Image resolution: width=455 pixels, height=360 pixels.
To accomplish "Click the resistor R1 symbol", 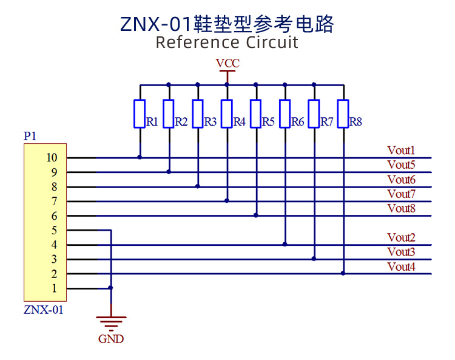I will click(x=140, y=114).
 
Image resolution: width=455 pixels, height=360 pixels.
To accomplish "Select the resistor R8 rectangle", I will click(x=343, y=114).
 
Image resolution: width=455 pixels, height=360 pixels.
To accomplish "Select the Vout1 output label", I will click(x=401, y=150).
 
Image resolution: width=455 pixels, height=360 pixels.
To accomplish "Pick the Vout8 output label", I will click(x=401, y=208).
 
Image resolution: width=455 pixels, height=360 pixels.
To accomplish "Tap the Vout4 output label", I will click(x=401, y=266).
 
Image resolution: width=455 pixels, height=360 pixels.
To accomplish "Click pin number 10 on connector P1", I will click(x=51, y=158).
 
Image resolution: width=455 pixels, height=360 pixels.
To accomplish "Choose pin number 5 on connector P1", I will click(x=54, y=231).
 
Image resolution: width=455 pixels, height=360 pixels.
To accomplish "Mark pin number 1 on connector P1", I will click(x=54, y=288).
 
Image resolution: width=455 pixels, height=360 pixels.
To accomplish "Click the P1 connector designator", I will click(x=30, y=137).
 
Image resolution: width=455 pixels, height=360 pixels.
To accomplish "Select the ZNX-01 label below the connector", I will click(x=43, y=310).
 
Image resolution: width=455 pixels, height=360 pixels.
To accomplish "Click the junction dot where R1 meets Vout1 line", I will click(x=140, y=157).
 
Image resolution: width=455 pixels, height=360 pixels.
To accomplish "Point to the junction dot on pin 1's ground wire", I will click(x=110, y=288).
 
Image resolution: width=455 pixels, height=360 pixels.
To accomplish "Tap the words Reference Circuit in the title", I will click(x=227, y=42).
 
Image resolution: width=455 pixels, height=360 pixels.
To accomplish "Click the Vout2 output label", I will click(x=401, y=237).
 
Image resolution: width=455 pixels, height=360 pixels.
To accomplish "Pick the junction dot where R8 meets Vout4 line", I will click(x=343, y=273).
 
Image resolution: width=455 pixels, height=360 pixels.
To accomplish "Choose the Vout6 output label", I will click(x=401, y=179).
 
